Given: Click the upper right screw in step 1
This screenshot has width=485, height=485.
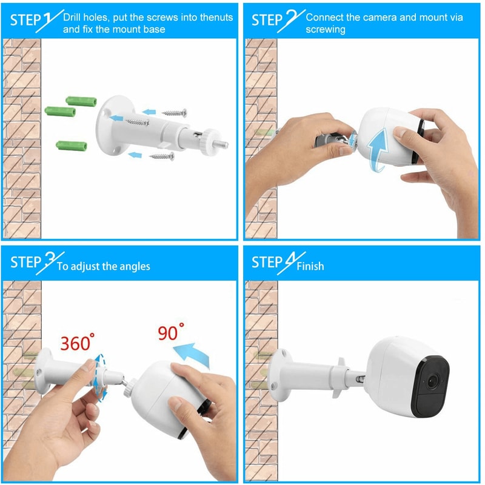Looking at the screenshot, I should pyautogui.click(x=175, y=113).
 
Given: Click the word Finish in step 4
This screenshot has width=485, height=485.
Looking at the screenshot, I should pyautogui.click(x=310, y=266).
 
